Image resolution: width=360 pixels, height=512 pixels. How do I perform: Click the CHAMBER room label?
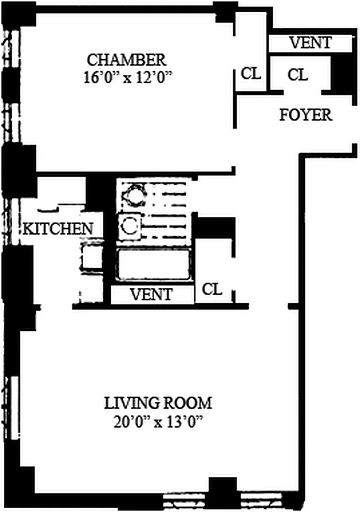(x=127, y=60)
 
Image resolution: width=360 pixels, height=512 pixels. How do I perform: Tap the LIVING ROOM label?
(x=158, y=403)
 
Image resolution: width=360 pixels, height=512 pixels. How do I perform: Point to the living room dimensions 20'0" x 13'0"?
(x=158, y=422)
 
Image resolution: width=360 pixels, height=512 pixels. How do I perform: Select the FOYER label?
(x=306, y=115)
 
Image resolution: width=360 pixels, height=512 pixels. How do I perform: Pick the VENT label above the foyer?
(x=310, y=43)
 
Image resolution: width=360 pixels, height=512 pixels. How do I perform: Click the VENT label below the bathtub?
(x=152, y=294)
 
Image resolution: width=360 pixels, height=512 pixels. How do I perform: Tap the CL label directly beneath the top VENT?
(x=297, y=75)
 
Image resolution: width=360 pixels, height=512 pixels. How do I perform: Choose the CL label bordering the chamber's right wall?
(x=251, y=74)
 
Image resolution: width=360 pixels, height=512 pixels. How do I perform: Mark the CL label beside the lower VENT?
(x=212, y=289)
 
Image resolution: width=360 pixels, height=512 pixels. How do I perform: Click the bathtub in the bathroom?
(x=153, y=264)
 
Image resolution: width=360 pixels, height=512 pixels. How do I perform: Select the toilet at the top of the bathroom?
(x=134, y=193)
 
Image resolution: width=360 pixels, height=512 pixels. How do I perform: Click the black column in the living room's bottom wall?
(x=223, y=493)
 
